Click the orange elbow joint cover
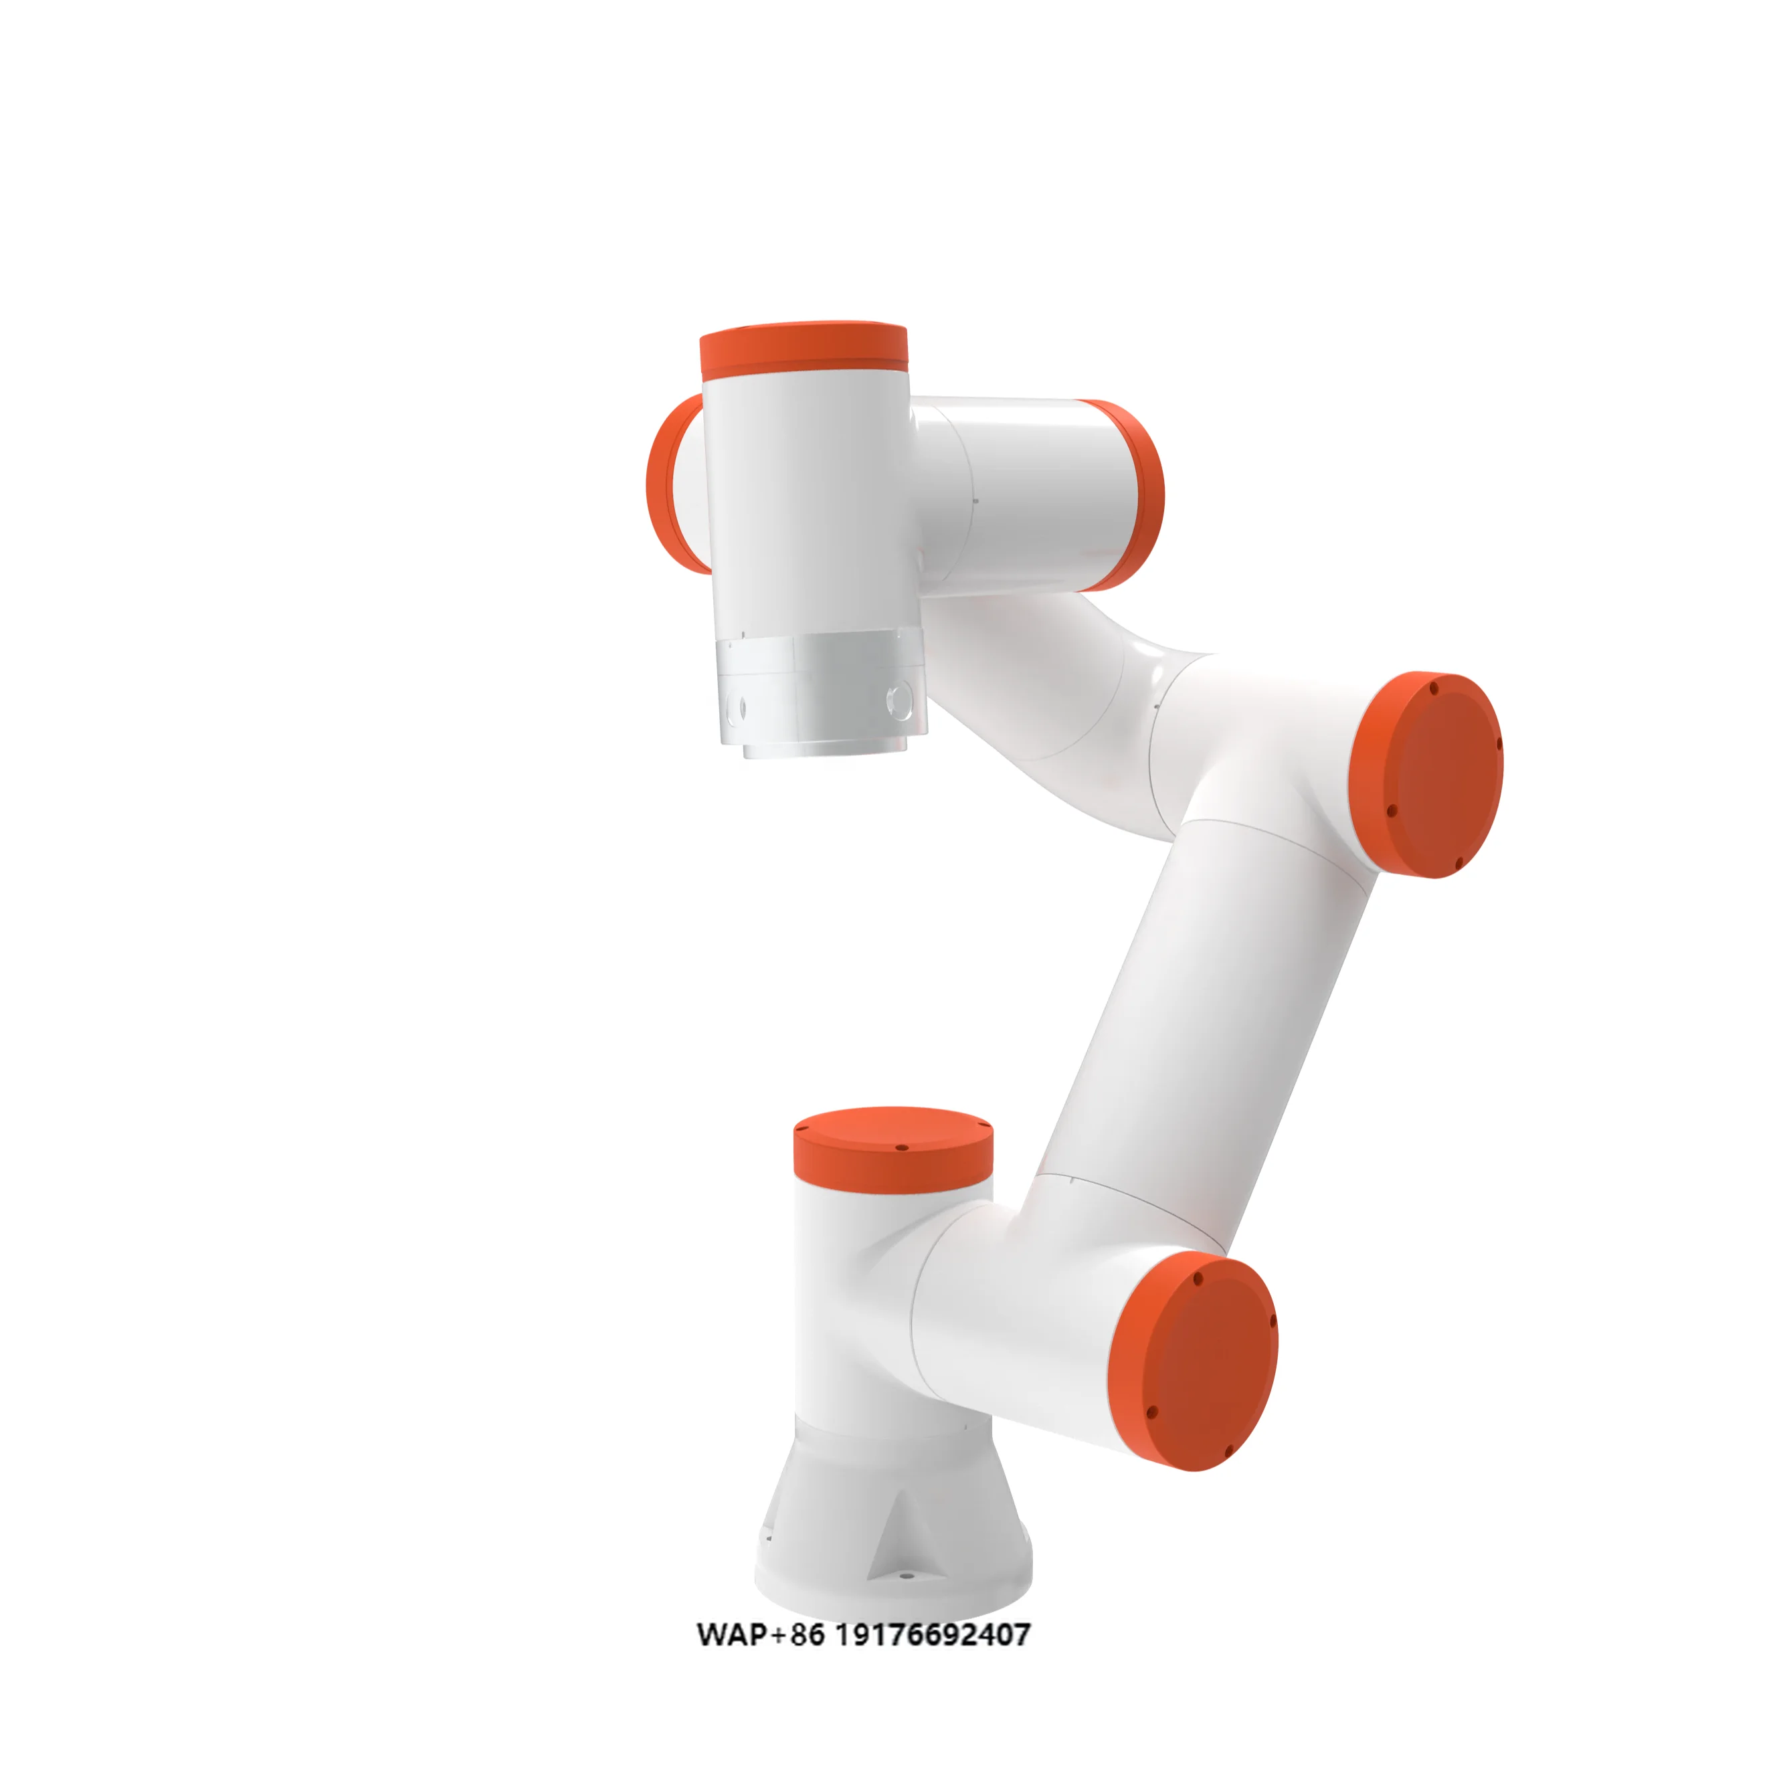pos(1428,774)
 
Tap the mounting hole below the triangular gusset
pos(906,1577)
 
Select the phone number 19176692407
pos(933,1634)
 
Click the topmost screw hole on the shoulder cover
pos(1198,1279)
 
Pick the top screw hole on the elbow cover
pos(1434,689)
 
